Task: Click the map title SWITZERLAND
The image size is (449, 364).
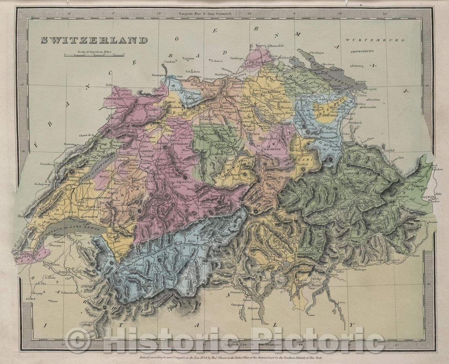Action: (x=94, y=40)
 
